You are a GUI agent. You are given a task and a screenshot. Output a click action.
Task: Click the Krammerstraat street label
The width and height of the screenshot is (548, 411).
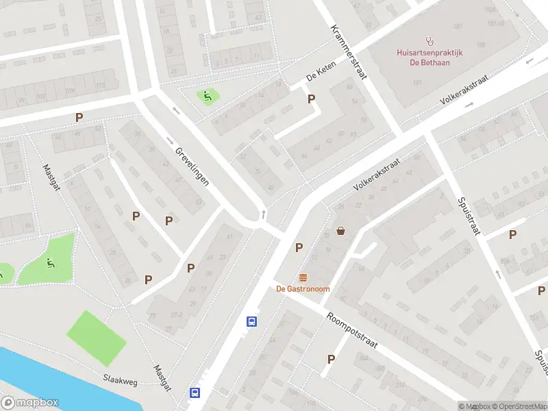[349, 52]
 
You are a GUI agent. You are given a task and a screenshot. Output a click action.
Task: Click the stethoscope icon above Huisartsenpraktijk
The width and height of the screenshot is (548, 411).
[430, 40]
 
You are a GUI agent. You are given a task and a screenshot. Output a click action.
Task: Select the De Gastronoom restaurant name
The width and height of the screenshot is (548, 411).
[303, 289]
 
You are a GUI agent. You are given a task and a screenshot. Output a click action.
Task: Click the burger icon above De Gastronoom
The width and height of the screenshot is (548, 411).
[303, 277]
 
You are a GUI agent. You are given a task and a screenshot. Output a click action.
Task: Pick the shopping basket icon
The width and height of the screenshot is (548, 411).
[340, 231]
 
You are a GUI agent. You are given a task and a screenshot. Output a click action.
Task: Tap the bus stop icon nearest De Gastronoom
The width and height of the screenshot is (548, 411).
[252, 321]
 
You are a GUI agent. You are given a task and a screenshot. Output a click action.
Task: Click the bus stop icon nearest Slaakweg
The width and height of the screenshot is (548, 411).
[195, 393]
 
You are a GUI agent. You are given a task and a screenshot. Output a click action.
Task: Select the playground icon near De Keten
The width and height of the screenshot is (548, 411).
[206, 96]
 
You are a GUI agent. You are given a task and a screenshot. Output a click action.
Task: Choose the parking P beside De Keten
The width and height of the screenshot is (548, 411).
[312, 99]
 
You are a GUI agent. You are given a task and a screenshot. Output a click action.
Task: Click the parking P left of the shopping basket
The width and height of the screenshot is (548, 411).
[299, 247]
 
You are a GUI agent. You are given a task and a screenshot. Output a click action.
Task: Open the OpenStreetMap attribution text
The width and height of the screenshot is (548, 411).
[518, 406]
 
